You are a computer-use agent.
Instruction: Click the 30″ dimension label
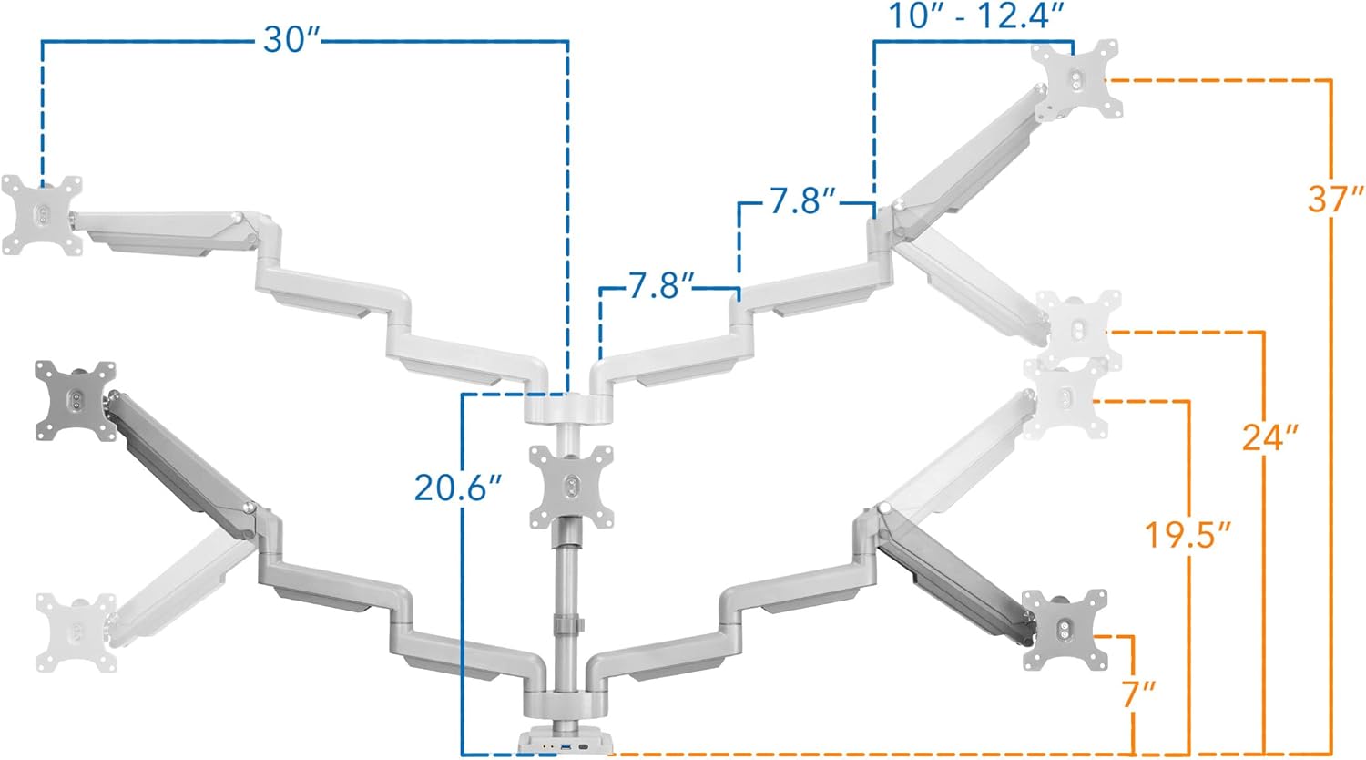(x=291, y=40)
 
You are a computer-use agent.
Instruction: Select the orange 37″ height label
(x=1335, y=199)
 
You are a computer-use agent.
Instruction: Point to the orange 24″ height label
(x=1270, y=437)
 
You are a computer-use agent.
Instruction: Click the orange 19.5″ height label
(x=1188, y=535)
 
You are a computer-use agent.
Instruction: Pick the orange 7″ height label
(x=1138, y=694)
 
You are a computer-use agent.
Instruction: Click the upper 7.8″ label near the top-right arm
(x=802, y=201)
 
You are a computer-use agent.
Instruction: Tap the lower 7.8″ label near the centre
(x=662, y=286)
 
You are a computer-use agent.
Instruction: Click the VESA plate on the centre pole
(x=571, y=487)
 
